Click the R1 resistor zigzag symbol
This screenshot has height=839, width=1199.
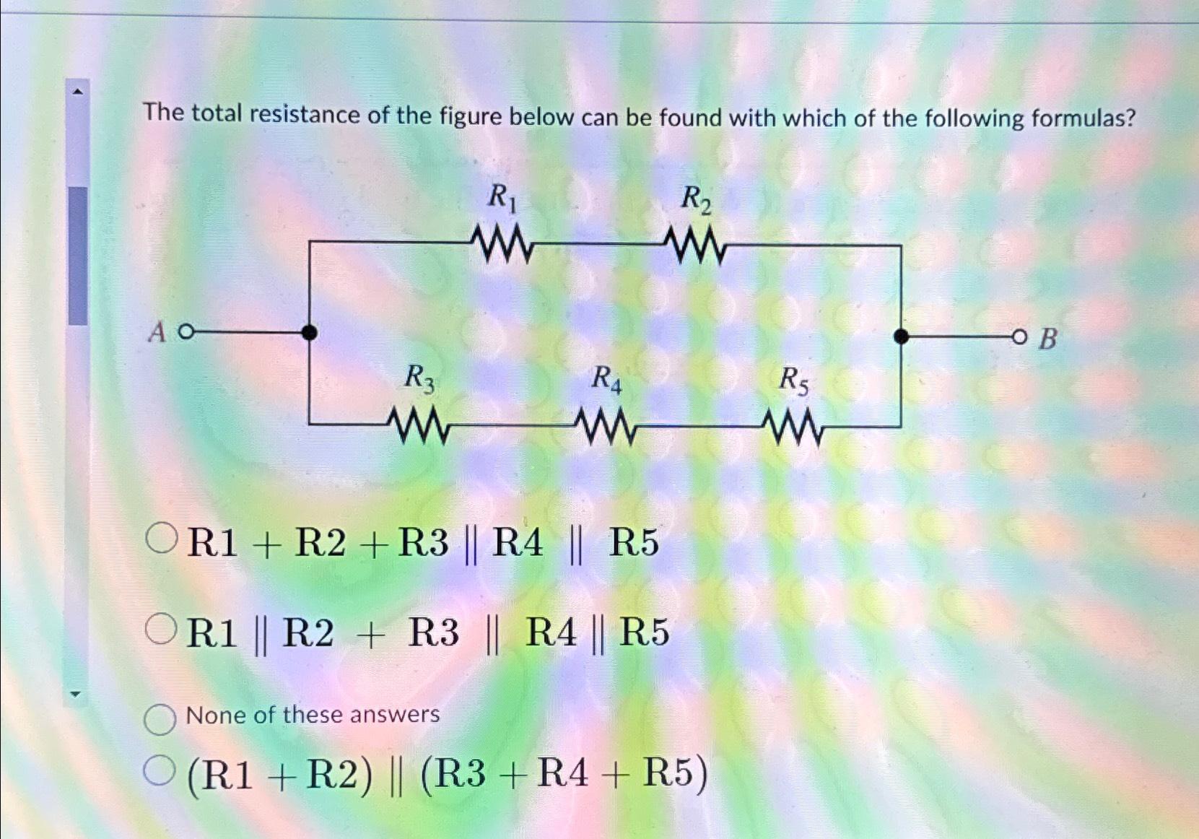pyautogui.click(x=502, y=245)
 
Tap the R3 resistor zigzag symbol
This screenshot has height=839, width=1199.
pyautogui.click(x=419, y=426)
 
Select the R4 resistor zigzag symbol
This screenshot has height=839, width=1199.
pyautogui.click(x=607, y=427)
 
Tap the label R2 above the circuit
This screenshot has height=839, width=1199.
pyautogui.click(x=696, y=199)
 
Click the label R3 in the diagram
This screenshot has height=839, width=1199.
pyautogui.click(x=419, y=378)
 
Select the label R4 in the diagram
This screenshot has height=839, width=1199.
pyautogui.click(x=606, y=378)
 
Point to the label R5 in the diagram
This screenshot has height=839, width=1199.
pyautogui.click(x=793, y=381)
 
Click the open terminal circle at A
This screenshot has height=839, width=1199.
pyautogui.click(x=186, y=332)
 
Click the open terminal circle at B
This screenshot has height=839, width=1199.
pyautogui.click(x=1019, y=336)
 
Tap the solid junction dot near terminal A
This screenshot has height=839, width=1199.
pyautogui.click(x=309, y=332)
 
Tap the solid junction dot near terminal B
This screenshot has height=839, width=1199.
pyautogui.click(x=901, y=336)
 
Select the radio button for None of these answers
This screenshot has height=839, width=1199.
pyautogui.click(x=160, y=719)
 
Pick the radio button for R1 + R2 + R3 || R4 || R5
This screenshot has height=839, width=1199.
pyautogui.click(x=161, y=539)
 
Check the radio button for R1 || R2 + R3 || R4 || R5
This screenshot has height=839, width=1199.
pyautogui.click(x=160, y=629)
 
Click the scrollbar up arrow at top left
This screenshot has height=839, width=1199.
pyautogui.click(x=78, y=91)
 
